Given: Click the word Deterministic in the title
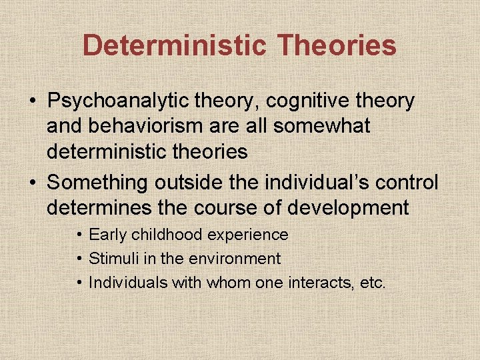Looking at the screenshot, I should pyautogui.click(x=175, y=45).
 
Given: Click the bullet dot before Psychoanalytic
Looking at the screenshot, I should pyautogui.click(x=33, y=102).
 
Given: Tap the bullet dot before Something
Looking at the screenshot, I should pyautogui.click(x=33, y=183).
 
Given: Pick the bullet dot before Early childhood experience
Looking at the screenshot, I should pyautogui.click(x=79, y=235).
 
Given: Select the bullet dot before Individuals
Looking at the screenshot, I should pyautogui.click(x=79, y=282).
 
